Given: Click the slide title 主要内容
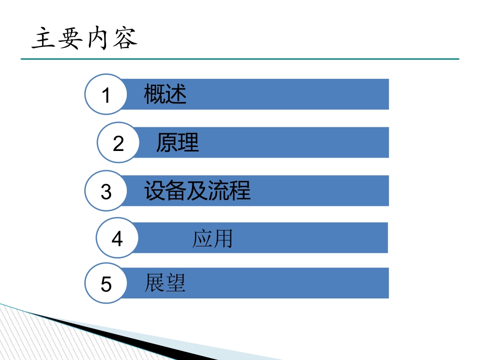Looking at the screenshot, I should pos(84,39).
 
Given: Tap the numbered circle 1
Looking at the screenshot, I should pos(106,94).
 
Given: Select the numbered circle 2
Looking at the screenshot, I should pos(118,143).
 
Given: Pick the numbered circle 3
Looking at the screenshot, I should pos(106,191).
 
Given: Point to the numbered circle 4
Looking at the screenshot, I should pos(117,238).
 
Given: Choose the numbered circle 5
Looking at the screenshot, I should pos(106,284).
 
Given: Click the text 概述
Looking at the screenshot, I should pos(165,94).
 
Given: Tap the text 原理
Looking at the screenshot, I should pos(177,143).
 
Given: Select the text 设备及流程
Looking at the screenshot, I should pos(197,191).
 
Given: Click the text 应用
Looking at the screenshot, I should pos(212,238).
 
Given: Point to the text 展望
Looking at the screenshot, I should pos(165,283).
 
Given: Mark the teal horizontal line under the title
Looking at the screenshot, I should pos(239,59).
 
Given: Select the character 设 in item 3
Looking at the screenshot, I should pos(154,191).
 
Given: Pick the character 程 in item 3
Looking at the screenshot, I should pos(240,191).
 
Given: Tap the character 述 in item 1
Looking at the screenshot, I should pos(176,94).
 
